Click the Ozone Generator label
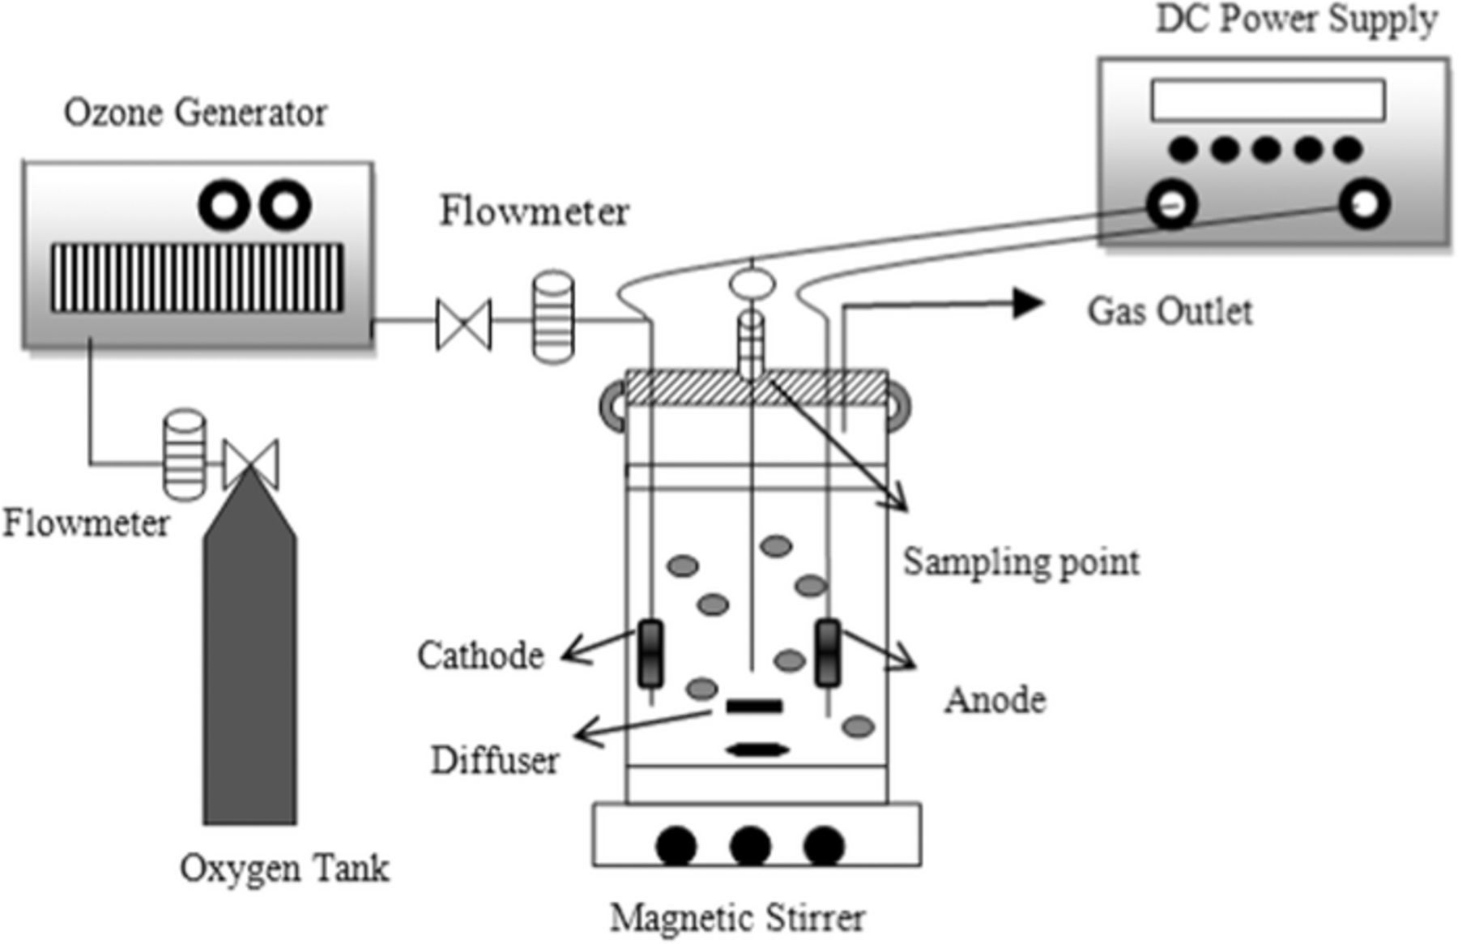click(x=195, y=113)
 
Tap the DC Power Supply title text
click(x=1296, y=19)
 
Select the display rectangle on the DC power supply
click(x=1268, y=100)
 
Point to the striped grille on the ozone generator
click(x=197, y=277)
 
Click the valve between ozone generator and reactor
click(x=463, y=324)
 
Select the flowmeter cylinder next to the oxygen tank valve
click(x=185, y=454)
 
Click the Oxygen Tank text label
click(x=284, y=868)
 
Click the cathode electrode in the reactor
click(x=650, y=653)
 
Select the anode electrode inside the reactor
click(x=827, y=653)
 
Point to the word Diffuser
click(x=494, y=760)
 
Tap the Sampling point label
click(x=1021, y=562)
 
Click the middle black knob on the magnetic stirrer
click(x=750, y=846)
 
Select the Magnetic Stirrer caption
click(x=737, y=918)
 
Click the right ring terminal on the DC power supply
click(x=1364, y=204)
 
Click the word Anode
click(x=995, y=699)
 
